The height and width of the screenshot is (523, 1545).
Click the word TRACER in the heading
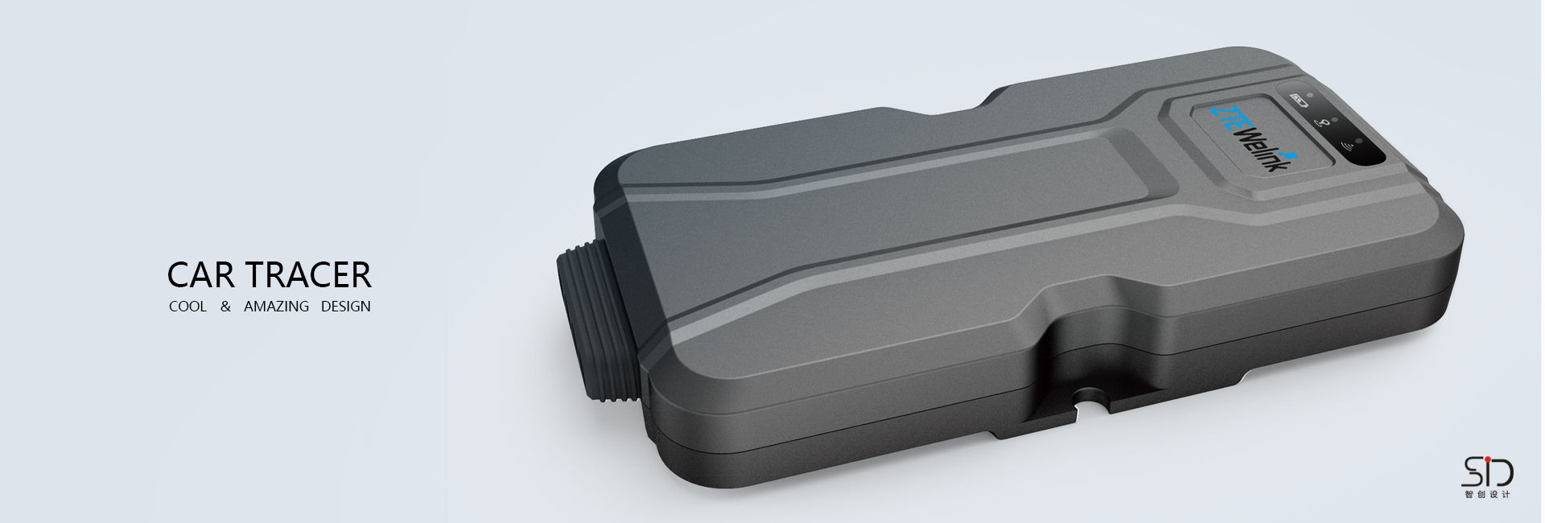(x=310, y=275)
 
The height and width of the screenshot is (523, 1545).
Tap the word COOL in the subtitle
(x=187, y=307)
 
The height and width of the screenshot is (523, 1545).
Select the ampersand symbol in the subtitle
(x=225, y=307)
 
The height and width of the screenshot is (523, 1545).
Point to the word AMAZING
(x=276, y=307)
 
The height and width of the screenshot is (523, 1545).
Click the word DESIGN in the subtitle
(x=345, y=307)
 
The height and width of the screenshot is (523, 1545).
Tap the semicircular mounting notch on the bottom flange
(x=1090, y=396)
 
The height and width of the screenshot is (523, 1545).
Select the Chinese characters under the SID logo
(x=1487, y=494)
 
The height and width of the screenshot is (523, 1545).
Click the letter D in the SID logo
(x=1502, y=472)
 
